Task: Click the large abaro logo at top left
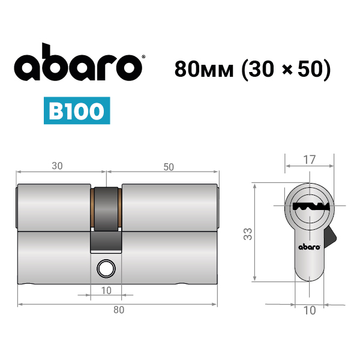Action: (78, 62)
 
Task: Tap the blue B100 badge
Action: (77, 110)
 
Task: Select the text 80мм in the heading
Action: (204, 69)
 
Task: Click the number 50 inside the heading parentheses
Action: (309, 69)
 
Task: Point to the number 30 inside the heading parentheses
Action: (260, 69)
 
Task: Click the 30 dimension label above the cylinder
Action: (57, 166)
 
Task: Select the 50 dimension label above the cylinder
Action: (169, 167)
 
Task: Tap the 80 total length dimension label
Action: (119, 310)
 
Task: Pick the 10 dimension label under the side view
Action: (106, 290)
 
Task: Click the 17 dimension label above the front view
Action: (309, 160)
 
